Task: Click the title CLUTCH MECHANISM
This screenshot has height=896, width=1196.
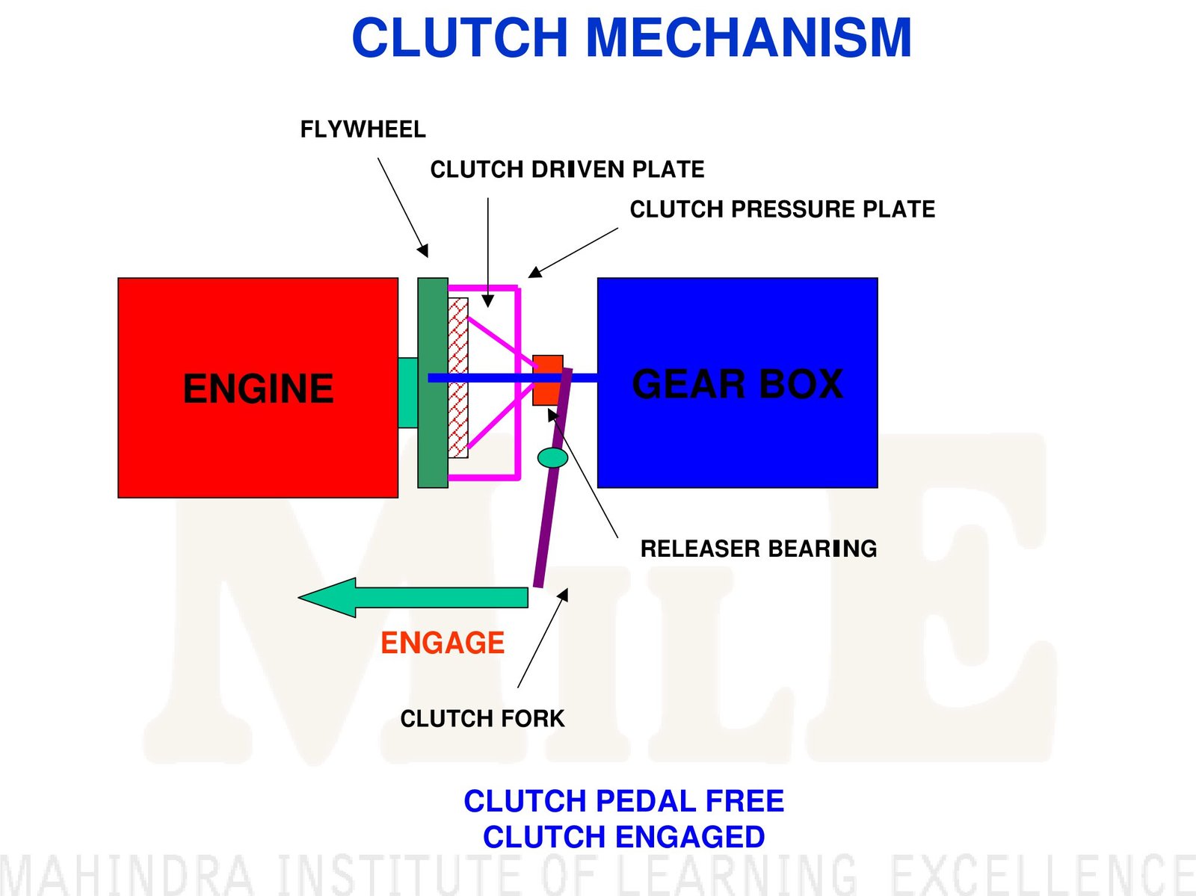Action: click(x=632, y=38)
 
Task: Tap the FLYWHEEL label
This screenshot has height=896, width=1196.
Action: click(x=363, y=130)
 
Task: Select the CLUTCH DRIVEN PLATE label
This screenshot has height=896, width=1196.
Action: click(x=567, y=170)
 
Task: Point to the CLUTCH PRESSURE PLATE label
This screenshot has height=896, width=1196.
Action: click(x=782, y=209)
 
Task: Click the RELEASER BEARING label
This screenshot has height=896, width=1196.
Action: click(x=758, y=549)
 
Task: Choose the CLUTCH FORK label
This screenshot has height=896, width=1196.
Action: click(x=482, y=719)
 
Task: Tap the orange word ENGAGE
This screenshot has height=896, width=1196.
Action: click(x=443, y=643)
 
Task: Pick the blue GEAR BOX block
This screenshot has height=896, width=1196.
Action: click(x=737, y=441)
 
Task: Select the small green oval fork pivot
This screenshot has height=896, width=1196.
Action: click(x=553, y=457)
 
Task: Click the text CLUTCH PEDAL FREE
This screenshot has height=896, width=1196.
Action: click(x=623, y=801)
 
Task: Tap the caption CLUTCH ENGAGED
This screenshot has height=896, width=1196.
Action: click(x=623, y=837)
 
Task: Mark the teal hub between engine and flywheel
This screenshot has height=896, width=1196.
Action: click(x=408, y=393)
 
